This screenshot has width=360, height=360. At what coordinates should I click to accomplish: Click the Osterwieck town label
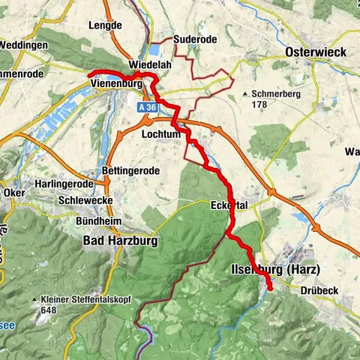click(x=316, y=52)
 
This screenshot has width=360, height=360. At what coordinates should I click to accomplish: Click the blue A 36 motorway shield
click(x=147, y=108)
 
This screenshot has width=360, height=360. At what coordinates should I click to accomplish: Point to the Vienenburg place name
click(x=120, y=83)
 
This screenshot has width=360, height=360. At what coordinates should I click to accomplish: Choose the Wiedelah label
click(x=151, y=66)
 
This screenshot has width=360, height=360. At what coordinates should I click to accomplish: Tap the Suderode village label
click(x=193, y=39)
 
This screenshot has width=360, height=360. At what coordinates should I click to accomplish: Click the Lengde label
click(x=104, y=25)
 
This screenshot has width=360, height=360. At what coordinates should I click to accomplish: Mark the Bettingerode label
click(x=130, y=171)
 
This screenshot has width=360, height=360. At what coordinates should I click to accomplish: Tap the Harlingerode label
click(x=64, y=184)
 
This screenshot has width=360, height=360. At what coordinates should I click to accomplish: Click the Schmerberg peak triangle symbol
click(x=245, y=94)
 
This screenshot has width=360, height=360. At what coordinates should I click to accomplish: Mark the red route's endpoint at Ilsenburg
click(x=270, y=289)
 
